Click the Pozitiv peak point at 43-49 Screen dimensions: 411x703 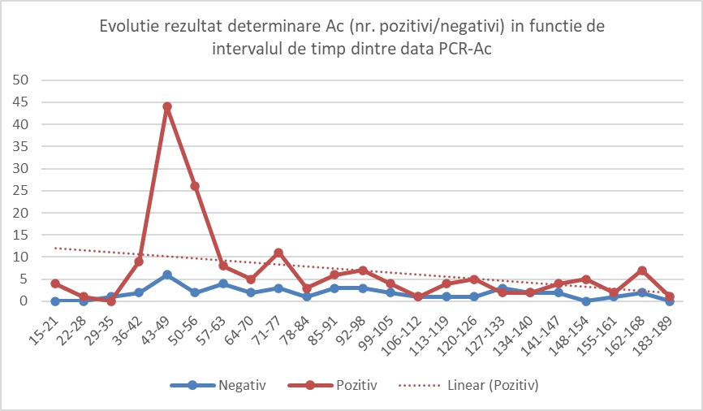[166, 106]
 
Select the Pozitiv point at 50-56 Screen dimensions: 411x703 [195, 186]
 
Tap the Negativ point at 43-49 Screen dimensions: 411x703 [166, 275]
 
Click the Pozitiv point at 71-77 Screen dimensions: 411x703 [278, 253]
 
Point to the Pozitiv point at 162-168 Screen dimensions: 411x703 [642, 270]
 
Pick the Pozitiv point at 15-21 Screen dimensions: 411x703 [55, 283]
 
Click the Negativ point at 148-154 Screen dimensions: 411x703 [586, 301]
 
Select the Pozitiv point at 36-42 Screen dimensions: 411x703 [139, 262]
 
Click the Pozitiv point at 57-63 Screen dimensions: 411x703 [223, 266]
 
